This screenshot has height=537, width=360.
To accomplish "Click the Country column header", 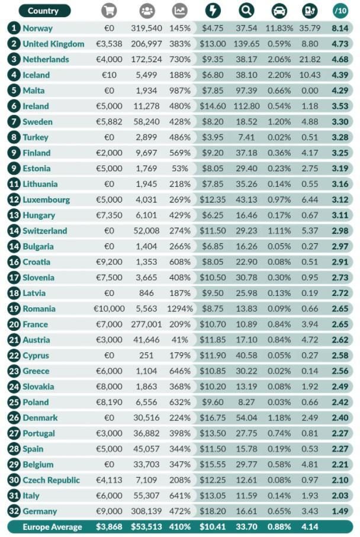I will (x=43, y=11).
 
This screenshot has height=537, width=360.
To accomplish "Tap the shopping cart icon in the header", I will (x=108, y=11).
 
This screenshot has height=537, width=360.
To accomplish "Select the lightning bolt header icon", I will (x=213, y=11).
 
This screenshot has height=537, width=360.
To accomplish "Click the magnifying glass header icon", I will (x=246, y=11).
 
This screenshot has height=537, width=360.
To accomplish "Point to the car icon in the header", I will (x=278, y=11).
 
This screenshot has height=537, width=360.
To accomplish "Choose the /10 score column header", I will (x=340, y=11).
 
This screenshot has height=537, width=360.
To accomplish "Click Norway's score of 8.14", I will (x=340, y=28).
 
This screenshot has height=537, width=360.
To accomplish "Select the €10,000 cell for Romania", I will (x=109, y=308).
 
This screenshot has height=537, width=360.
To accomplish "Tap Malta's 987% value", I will (x=179, y=91).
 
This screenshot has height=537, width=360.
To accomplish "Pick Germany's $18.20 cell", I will (x=213, y=511).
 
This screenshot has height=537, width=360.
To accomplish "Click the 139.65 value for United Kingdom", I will (x=247, y=44).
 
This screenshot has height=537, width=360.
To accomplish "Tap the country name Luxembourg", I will (x=46, y=200).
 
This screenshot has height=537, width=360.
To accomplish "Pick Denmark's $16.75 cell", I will (x=213, y=418).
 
